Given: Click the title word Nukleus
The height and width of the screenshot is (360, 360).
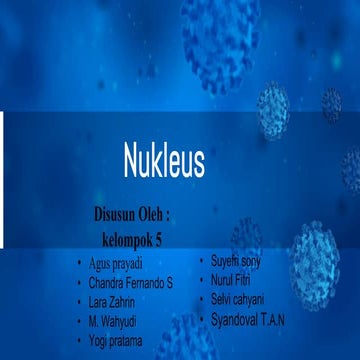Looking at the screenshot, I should (164, 158).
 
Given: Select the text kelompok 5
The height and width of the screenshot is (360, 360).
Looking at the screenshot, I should (137, 240).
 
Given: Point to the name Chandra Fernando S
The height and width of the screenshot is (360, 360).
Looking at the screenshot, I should (131, 283).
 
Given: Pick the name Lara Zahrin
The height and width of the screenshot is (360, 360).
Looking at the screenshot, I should (111, 302).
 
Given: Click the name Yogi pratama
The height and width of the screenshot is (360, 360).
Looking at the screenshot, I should (115, 340).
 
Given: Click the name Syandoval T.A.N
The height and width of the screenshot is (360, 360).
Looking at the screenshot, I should (253, 320).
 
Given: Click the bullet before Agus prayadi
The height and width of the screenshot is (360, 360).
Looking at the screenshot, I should (79, 265).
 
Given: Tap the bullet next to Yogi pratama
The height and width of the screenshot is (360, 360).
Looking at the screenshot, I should (79, 340).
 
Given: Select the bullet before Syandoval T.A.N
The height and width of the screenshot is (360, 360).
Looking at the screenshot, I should (203, 320).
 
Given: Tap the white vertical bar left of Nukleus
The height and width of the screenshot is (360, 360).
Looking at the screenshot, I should (2, 181).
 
